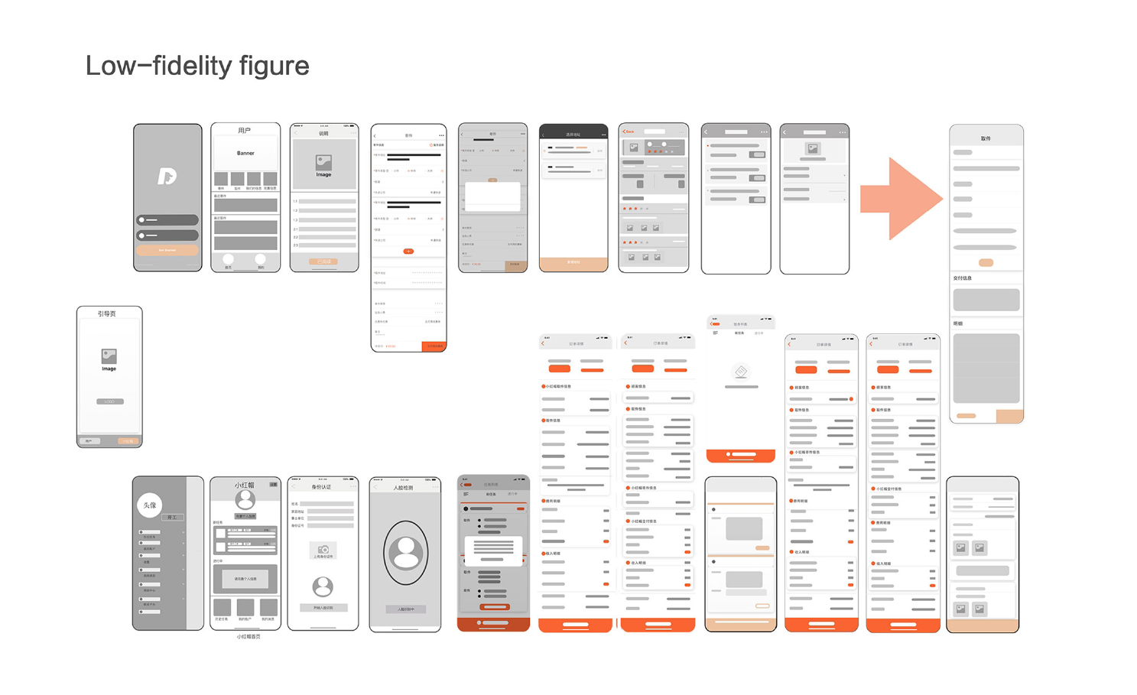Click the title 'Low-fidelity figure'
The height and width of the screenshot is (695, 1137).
(x=197, y=66)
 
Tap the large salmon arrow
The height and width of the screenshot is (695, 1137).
(x=901, y=199)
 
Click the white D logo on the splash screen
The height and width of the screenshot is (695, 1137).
(x=167, y=177)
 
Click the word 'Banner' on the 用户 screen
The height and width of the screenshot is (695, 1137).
(x=245, y=154)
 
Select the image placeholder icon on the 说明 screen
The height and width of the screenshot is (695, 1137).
(x=323, y=163)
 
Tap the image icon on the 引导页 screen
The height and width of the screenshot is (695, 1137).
(x=109, y=356)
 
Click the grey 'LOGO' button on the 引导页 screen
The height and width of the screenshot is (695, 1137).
(x=109, y=401)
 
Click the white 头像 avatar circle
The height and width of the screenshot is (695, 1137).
(x=150, y=505)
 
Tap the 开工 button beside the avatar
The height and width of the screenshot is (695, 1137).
(x=171, y=518)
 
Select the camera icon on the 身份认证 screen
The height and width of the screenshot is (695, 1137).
(x=323, y=550)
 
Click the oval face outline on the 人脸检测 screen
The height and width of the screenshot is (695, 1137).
(x=406, y=552)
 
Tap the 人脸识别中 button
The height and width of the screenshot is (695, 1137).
(x=405, y=609)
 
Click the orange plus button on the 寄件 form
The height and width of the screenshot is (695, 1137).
(x=408, y=251)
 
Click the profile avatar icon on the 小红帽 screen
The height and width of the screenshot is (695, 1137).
(x=245, y=500)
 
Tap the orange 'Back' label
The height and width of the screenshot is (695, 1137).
(x=629, y=132)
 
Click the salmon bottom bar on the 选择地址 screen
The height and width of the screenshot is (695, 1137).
(x=573, y=263)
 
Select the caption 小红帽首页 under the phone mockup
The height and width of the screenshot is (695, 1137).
(x=248, y=637)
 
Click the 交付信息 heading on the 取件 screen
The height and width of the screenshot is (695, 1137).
(x=963, y=278)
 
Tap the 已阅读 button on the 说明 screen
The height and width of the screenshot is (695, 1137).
(x=323, y=261)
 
